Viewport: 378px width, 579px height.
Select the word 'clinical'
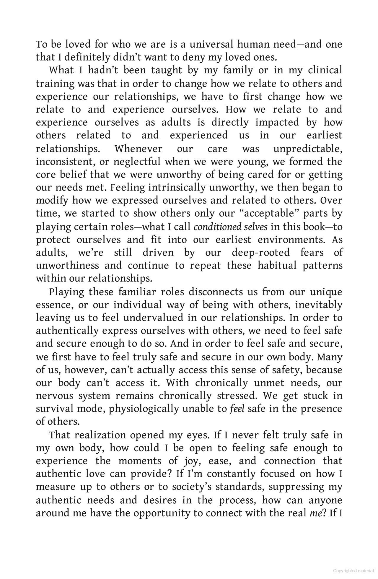point(325,70)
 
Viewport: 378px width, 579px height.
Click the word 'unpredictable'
point(308,148)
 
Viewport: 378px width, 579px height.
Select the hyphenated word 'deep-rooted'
point(261,253)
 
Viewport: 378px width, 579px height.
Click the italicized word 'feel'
point(237,409)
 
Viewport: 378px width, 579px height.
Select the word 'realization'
point(100,435)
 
